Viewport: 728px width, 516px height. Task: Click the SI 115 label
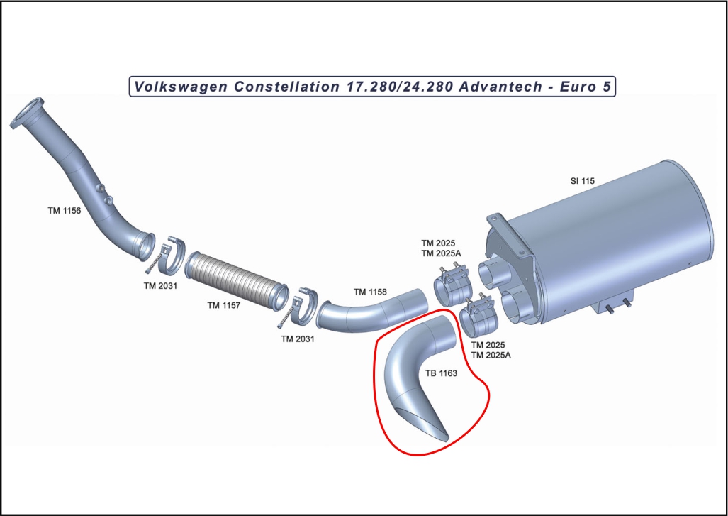click(x=582, y=181)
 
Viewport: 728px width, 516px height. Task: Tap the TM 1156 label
click(x=64, y=211)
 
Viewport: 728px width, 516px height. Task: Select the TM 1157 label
click(x=224, y=305)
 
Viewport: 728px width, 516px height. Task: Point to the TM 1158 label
click(x=370, y=292)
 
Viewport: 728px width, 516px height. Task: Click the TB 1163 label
click(x=441, y=373)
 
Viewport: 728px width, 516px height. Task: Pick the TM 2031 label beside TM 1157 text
click(x=160, y=286)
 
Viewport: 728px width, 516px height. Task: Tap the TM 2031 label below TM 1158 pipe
click(x=298, y=339)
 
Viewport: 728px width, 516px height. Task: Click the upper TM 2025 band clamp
click(x=452, y=285)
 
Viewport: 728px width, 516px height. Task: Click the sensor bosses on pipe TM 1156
click(x=105, y=194)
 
